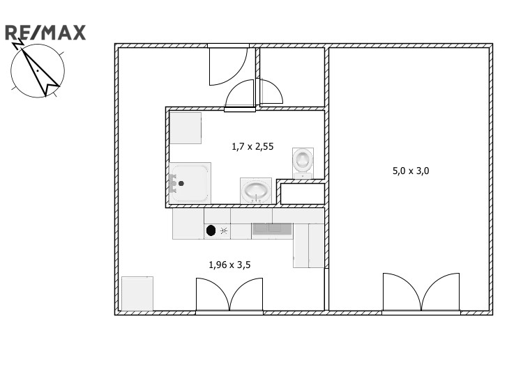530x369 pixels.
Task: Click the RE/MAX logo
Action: click(x=45, y=33)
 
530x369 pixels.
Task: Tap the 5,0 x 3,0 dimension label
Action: click(x=411, y=171)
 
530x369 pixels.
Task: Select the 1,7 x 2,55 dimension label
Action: click(x=252, y=146)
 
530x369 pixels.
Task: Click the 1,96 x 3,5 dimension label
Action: click(x=229, y=265)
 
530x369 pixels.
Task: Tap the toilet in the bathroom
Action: click(x=303, y=163)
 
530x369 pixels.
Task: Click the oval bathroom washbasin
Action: click(x=256, y=191)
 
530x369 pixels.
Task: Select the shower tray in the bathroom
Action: click(x=190, y=183)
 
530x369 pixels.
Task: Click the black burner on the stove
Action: click(x=211, y=230)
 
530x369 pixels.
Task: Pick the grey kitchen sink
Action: click(x=272, y=229)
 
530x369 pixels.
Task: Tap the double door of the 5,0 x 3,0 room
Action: click(x=421, y=292)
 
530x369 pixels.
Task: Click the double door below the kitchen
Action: click(x=229, y=295)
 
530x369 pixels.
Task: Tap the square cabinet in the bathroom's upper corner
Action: click(x=185, y=128)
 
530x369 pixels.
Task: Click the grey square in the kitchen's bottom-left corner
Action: click(x=137, y=294)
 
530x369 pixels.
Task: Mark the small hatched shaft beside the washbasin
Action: click(x=301, y=193)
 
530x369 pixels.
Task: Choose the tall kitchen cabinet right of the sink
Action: click(x=308, y=246)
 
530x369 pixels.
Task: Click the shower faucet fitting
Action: click(x=173, y=183)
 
